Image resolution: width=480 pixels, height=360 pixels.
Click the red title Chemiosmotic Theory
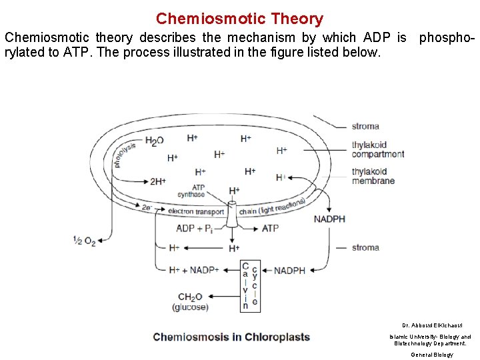click(x=239, y=19)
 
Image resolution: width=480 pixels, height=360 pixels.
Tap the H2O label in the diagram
click(x=154, y=140)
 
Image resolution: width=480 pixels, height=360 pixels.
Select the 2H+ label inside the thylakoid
click(x=158, y=181)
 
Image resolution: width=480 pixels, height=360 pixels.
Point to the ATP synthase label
click(x=191, y=191)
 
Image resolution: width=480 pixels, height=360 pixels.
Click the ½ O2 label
click(x=85, y=241)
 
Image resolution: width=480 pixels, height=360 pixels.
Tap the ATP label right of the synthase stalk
click(x=269, y=228)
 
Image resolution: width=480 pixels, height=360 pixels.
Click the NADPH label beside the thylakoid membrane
click(x=329, y=219)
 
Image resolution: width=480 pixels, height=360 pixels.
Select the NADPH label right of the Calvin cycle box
click(x=289, y=270)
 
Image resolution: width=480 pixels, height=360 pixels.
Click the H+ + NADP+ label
click(x=193, y=270)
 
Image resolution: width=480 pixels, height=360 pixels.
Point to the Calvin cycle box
click(x=250, y=285)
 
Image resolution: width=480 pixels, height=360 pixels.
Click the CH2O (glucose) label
click(x=190, y=302)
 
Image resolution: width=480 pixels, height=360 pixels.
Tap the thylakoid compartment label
click(x=378, y=149)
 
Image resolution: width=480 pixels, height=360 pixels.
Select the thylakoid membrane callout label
click(x=373, y=176)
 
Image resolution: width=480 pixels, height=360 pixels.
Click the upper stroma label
click(x=365, y=126)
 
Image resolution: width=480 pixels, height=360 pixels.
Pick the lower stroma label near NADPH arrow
click(x=365, y=247)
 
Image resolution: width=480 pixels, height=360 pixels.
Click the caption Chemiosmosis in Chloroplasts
click(x=231, y=337)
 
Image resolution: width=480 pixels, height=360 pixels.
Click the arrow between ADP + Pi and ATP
click(x=239, y=228)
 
